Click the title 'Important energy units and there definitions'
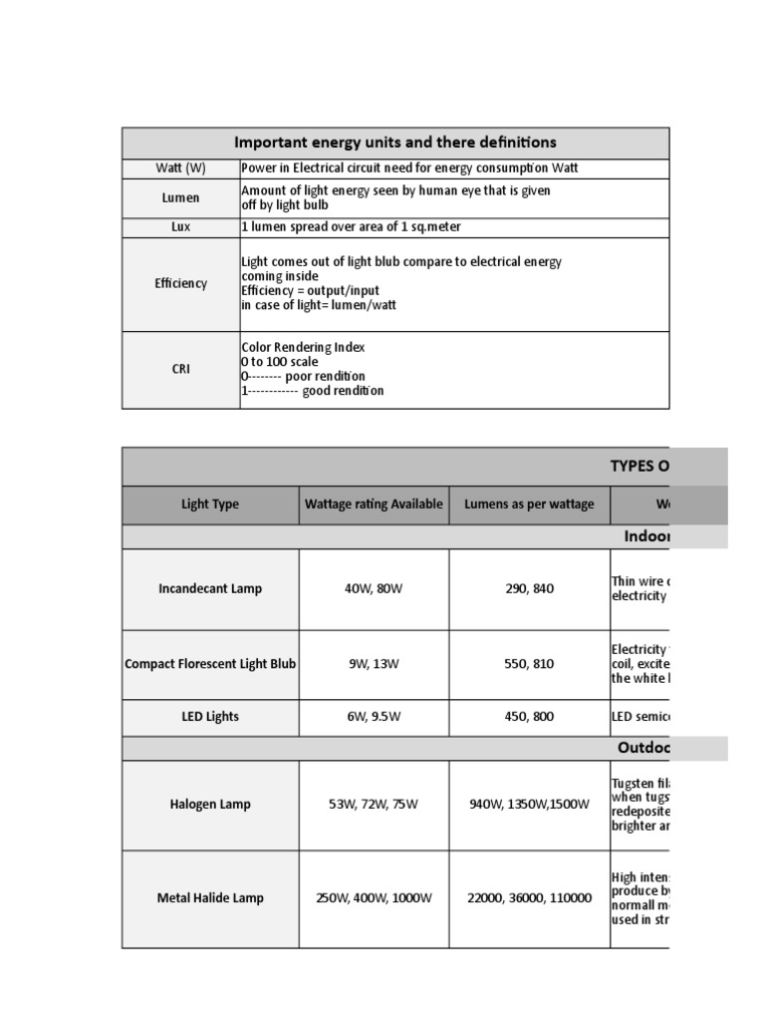tap(394, 143)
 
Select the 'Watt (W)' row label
tap(180, 169)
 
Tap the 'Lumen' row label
tap(180, 197)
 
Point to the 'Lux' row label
tap(180, 226)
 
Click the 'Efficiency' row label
tap(180, 283)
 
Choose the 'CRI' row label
tap(180, 369)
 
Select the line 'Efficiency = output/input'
tap(311, 290)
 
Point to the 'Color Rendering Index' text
tap(303, 347)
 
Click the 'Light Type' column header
tap(210, 505)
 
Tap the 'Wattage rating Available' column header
tap(374, 505)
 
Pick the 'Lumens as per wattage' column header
tap(529, 505)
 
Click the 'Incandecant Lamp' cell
tap(210, 588)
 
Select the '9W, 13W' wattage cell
tap(374, 664)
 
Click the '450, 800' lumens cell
tap(529, 716)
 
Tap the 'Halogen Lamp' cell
tap(210, 804)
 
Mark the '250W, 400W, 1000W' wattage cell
tap(374, 897)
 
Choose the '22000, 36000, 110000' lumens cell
tap(529, 897)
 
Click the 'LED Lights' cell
tap(210, 716)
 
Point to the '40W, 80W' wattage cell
tap(374, 588)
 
